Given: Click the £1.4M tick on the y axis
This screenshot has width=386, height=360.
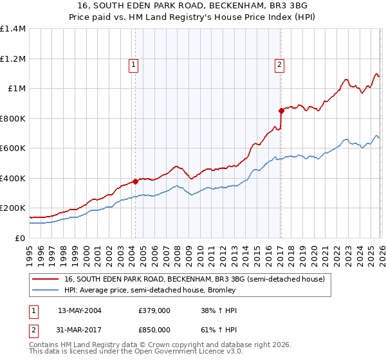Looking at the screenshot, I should tap(13, 29).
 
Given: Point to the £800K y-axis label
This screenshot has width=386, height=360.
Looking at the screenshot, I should tap(13, 118).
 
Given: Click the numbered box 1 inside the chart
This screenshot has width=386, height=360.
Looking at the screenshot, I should tap(133, 64).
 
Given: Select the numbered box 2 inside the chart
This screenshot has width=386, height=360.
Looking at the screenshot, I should tap(280, 64).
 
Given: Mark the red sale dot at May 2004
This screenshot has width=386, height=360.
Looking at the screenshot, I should tap(135, 181).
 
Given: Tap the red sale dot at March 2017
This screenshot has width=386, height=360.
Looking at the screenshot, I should tap(281, 111).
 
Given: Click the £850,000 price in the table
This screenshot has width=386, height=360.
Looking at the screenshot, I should tap(154, 329).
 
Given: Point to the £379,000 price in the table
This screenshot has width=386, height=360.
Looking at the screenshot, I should tap(154, 310).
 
